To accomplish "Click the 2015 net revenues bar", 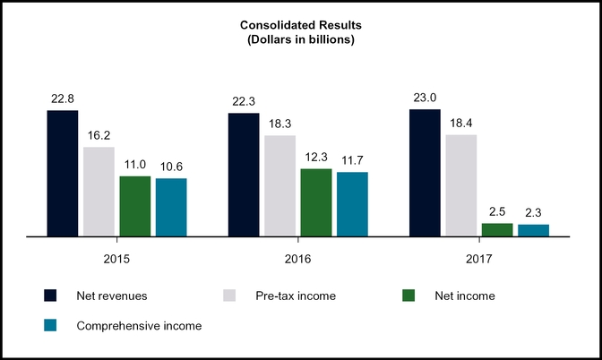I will [63, 174].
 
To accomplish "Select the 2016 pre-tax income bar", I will [279, 186].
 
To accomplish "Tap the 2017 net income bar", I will [497, 229].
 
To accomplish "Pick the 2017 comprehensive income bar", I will [533, 230].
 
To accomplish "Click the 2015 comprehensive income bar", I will [171, 207].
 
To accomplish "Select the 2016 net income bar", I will [316, 202].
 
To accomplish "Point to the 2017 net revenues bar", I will [425, 173].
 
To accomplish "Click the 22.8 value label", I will [63, 99].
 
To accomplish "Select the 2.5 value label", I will [497, 212].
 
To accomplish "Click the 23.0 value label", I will [425, 99].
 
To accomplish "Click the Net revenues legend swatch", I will [51, 295].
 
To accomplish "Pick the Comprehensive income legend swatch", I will [51, 326].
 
